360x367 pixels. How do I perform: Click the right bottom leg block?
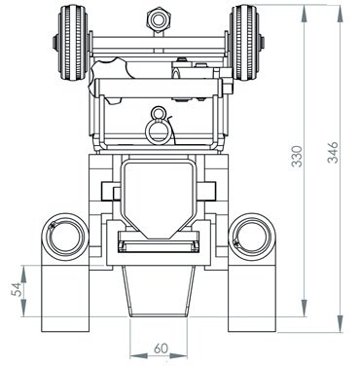pyautogui.click(x=250, y=298)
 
